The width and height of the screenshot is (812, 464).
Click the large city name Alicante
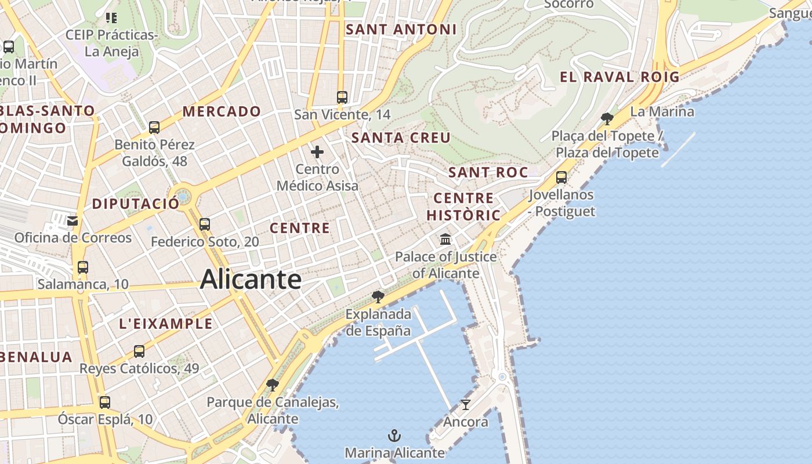point(251,280)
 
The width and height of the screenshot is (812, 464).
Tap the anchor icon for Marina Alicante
point(394,435)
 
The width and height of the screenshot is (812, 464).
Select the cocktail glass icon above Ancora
point(465,404)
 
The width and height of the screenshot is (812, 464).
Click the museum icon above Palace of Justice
point(445,239)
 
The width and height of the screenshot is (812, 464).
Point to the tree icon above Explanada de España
point(378,298)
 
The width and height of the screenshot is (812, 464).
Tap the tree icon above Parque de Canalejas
point(272,385)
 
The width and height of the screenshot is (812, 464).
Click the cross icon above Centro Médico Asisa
point(317,153)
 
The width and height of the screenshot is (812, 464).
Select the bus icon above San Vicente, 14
point(342,97)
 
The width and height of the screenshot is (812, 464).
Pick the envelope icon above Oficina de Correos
point(72,221)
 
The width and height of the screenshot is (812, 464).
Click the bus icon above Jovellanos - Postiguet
point(561,177)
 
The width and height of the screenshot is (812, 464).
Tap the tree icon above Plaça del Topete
point(607,119)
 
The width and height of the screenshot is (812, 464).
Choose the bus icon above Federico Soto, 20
point(205,224)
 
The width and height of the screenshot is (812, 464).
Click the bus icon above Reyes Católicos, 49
point(139,351)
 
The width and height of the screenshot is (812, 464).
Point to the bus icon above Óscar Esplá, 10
point(105,402)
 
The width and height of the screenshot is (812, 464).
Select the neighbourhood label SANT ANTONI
point(401,30)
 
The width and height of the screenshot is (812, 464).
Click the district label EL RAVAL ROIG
point(619,77)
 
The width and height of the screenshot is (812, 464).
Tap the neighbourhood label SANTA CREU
point(401,137)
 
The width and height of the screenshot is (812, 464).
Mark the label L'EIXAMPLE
point(166,324)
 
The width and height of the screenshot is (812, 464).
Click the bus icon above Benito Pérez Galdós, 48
point(154,128)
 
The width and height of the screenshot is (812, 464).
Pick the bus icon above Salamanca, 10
point(83,267)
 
